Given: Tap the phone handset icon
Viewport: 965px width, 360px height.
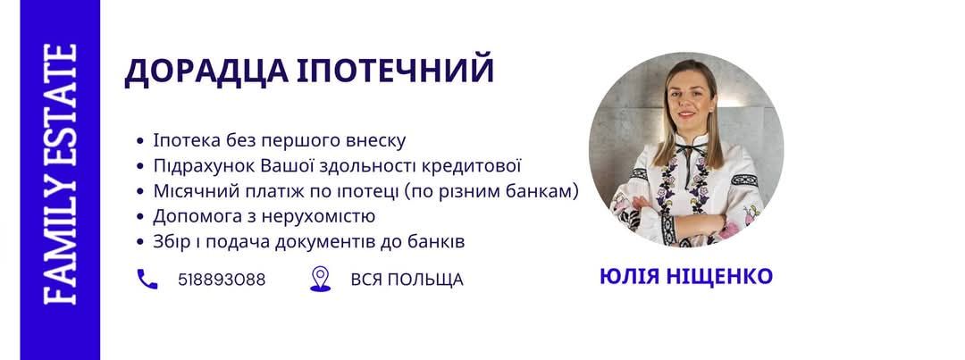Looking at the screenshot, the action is tap(147, 280).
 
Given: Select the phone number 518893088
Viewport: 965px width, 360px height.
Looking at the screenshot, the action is tap(222, 280).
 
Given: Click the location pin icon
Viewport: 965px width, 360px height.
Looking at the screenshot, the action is tap(320, 279).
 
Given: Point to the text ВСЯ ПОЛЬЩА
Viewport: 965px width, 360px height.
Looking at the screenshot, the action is tap(407, 280).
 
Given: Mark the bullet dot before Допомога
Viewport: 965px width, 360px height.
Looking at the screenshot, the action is tap(139, 217).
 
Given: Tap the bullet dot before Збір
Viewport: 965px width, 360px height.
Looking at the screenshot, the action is tap(139, 242).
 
